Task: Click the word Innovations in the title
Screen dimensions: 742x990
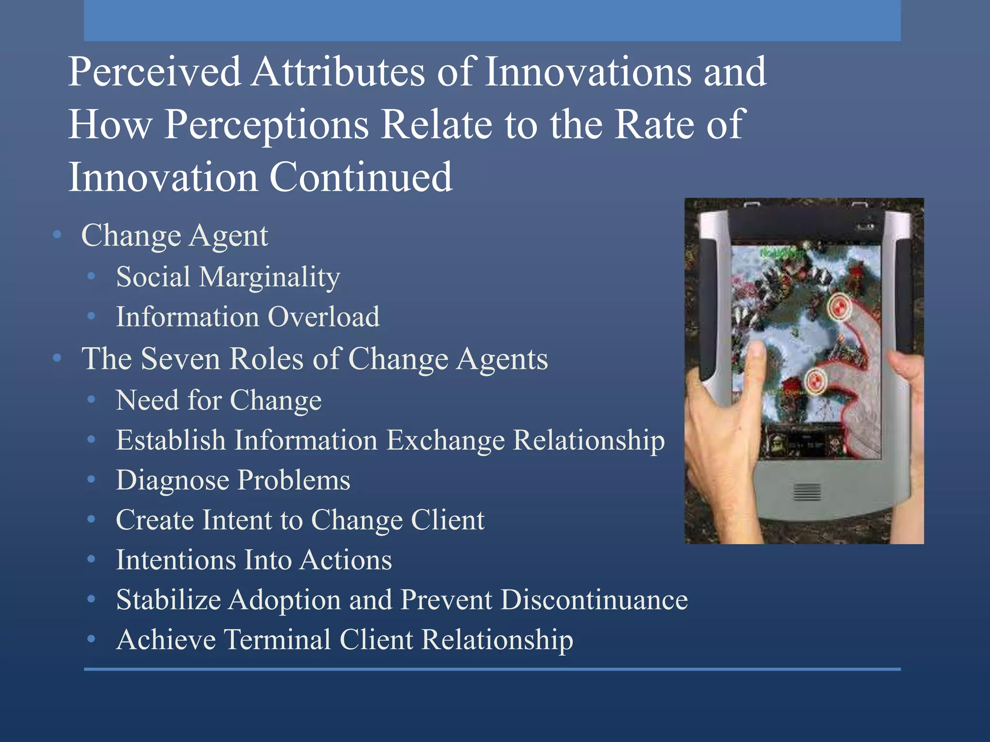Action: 588,72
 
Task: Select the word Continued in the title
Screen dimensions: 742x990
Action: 360,178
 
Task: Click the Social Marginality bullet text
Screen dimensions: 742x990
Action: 228,277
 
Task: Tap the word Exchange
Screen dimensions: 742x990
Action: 445,441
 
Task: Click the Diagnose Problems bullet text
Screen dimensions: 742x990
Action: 233,481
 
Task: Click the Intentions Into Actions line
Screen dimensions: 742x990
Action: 254,560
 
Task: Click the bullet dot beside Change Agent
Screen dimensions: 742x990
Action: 58,235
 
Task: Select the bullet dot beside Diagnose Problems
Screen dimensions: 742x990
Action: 91,480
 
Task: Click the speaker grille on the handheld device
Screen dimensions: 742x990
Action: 807,492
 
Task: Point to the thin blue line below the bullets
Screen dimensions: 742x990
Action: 492,669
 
